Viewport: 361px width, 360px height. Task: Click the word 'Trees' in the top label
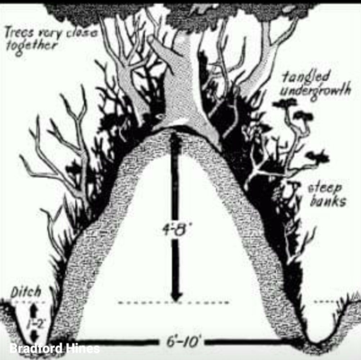tap(17, 35)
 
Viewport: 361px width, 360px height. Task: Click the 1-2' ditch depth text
tap(35, 323)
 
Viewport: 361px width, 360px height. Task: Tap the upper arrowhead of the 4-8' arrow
tap(175, 138)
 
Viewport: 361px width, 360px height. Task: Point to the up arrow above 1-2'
tap(35, 309)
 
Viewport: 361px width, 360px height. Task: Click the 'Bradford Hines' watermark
tap(54, 348)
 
